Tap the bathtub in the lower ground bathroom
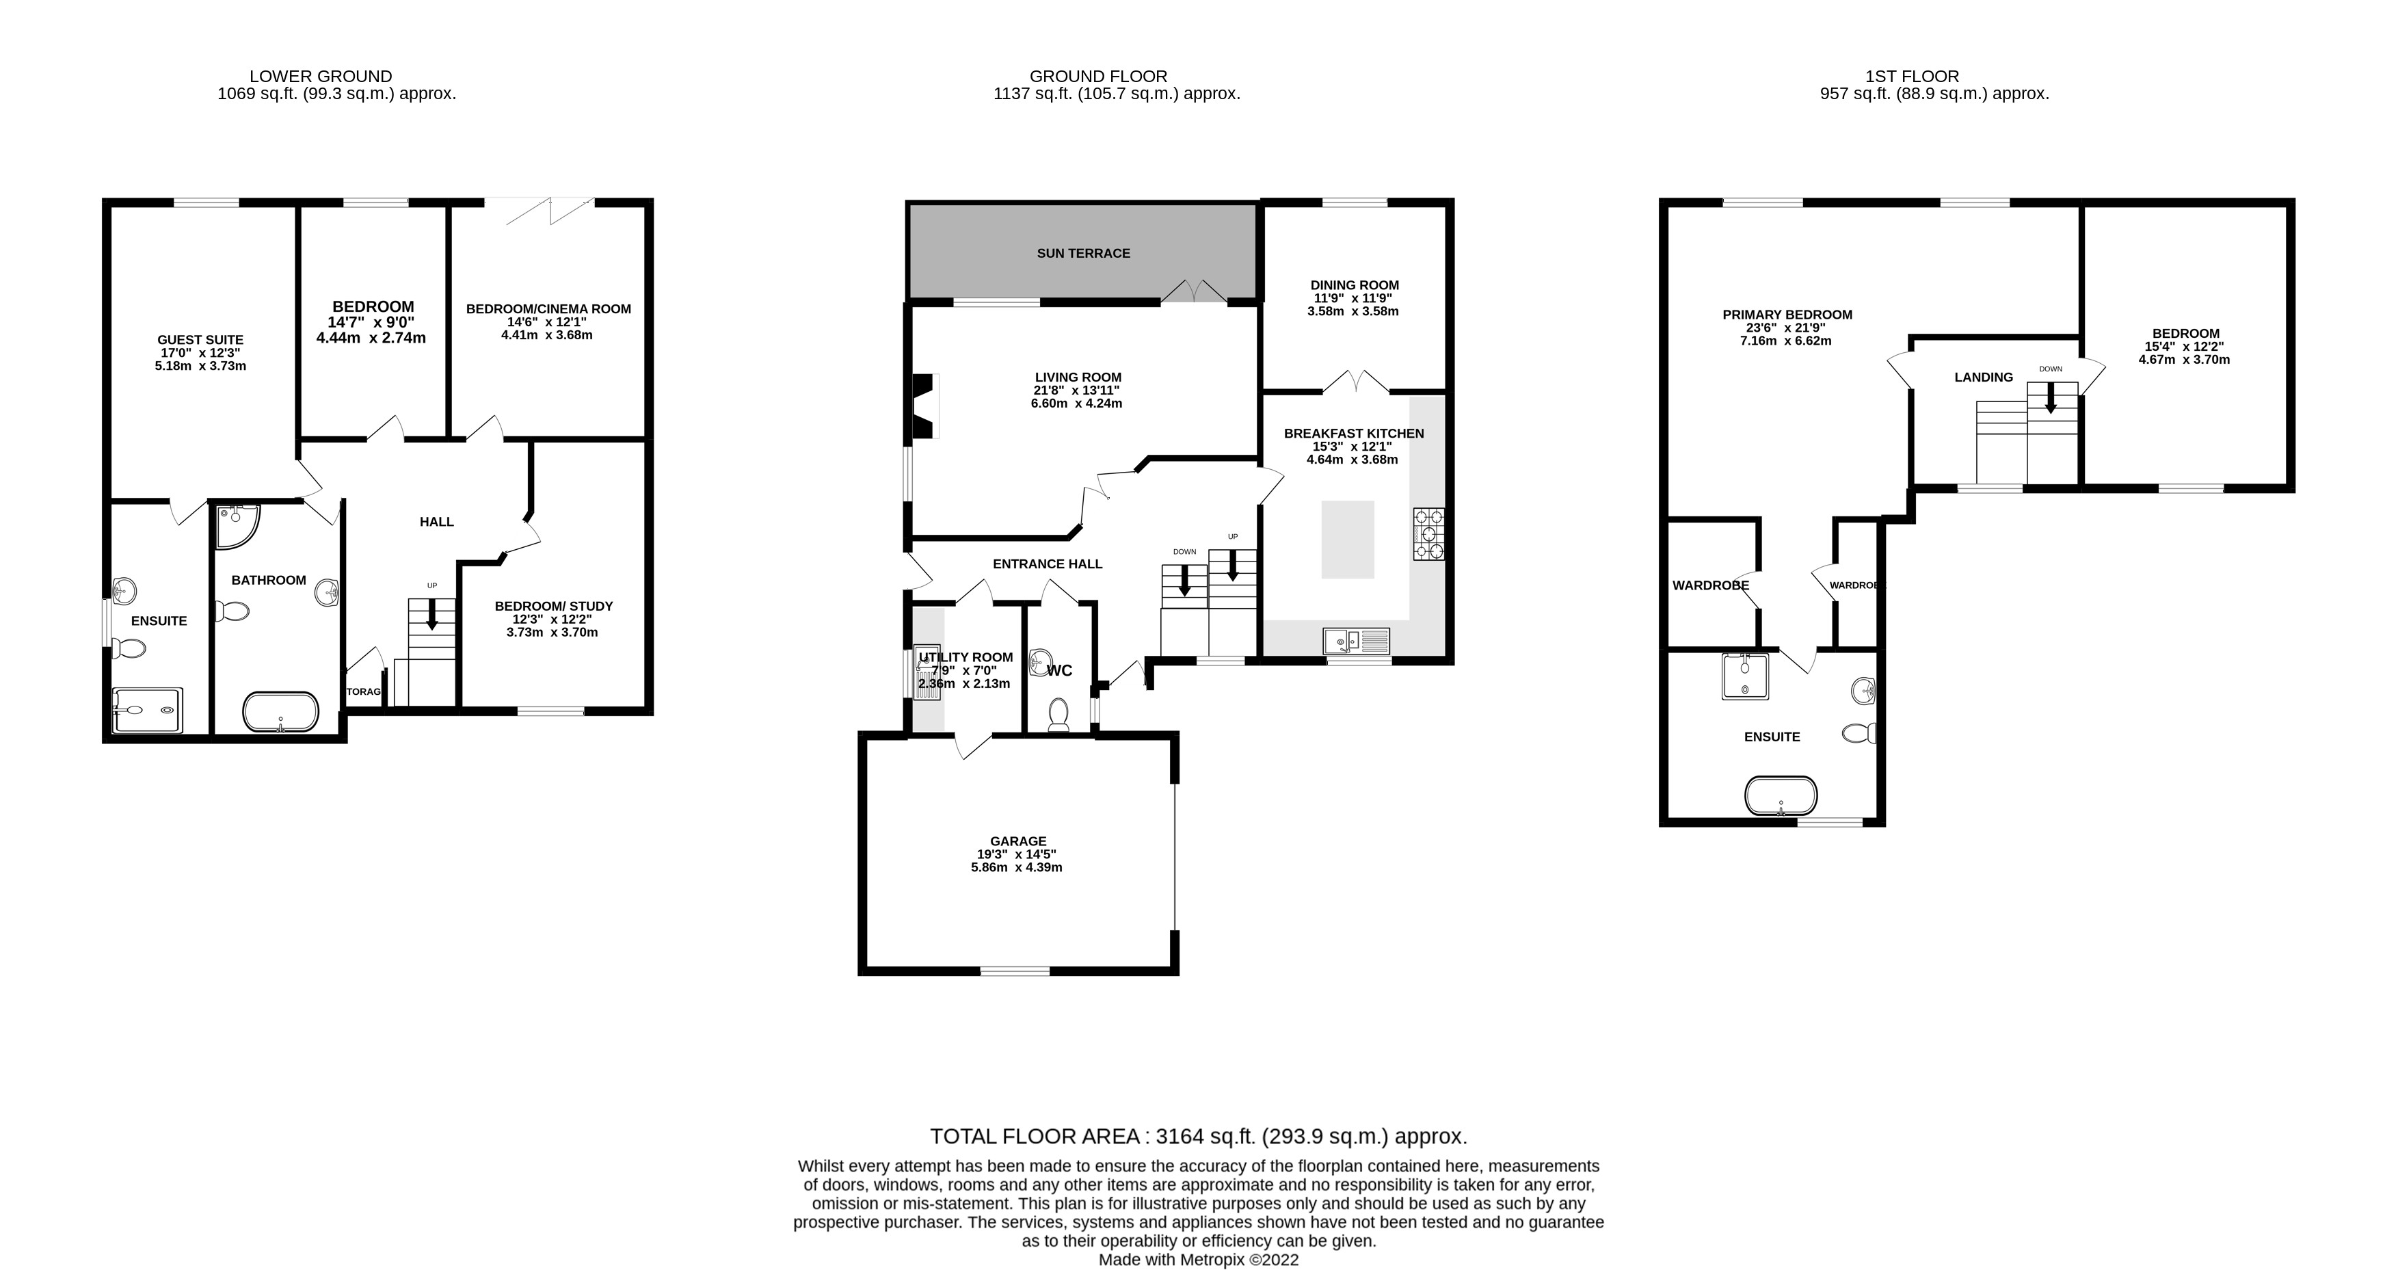[280, 711]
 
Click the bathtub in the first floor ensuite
[1780, 795]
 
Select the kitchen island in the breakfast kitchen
[1347, 539]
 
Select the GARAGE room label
[1017, 841]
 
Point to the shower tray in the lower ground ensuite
[146, 711]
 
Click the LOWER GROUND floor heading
[320, 77]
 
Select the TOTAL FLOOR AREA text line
[1198, 1136]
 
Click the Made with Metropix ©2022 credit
[1198, 1260]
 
